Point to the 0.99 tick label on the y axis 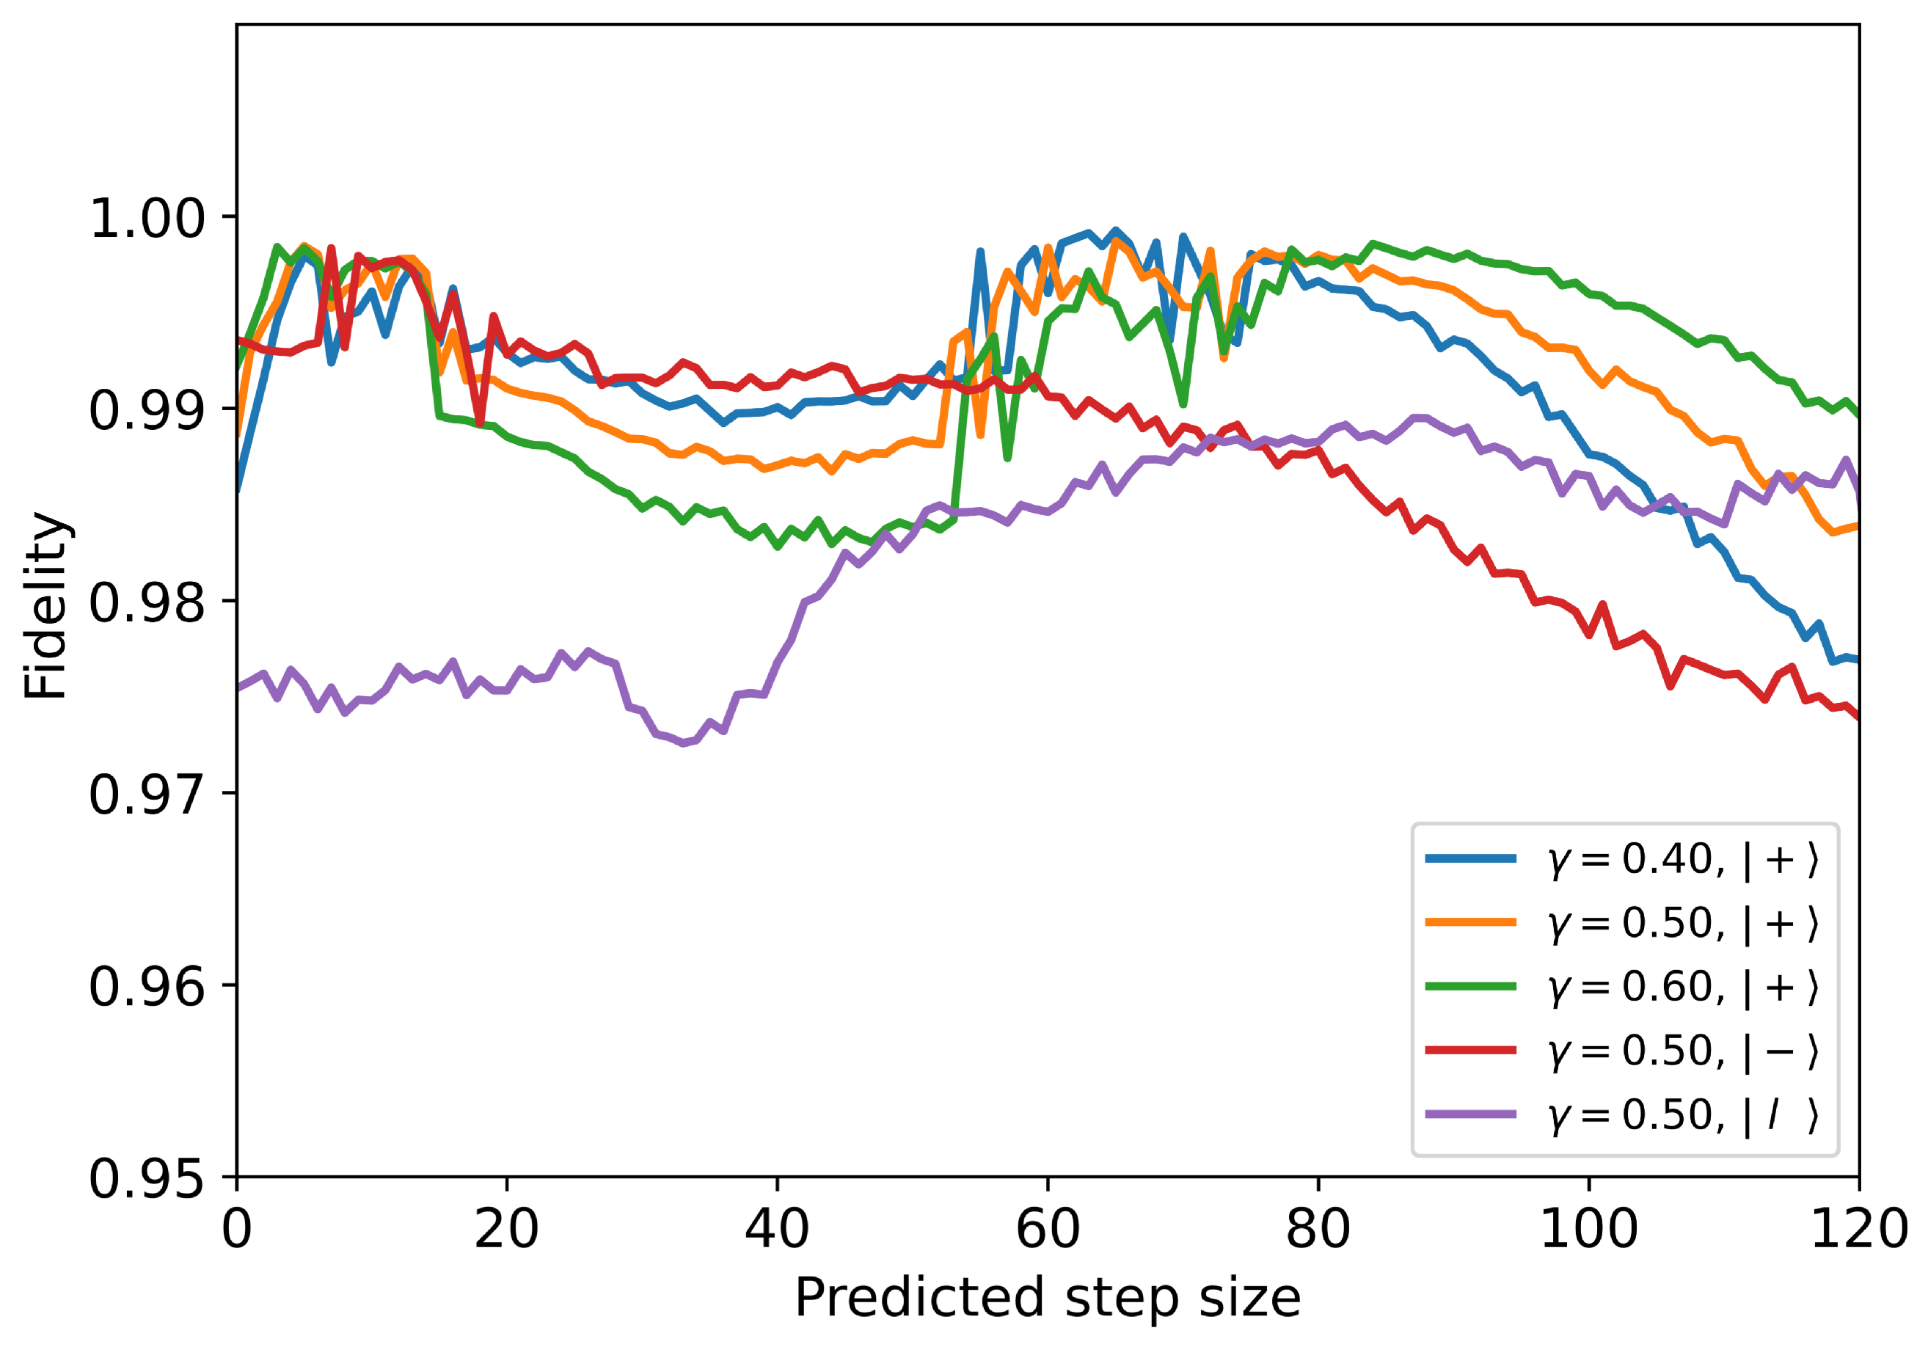click(147, 411)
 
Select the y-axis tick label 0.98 click(147, 602)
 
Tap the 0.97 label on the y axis click(147, 795)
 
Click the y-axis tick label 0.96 click(147, 986)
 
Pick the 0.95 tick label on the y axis click(147, 1178)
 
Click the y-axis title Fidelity click(45, 605)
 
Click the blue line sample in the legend click(1470, 858)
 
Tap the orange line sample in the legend click(1470, 922)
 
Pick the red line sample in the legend click(1470, 1051)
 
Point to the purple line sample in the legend click(1470, 1115)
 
